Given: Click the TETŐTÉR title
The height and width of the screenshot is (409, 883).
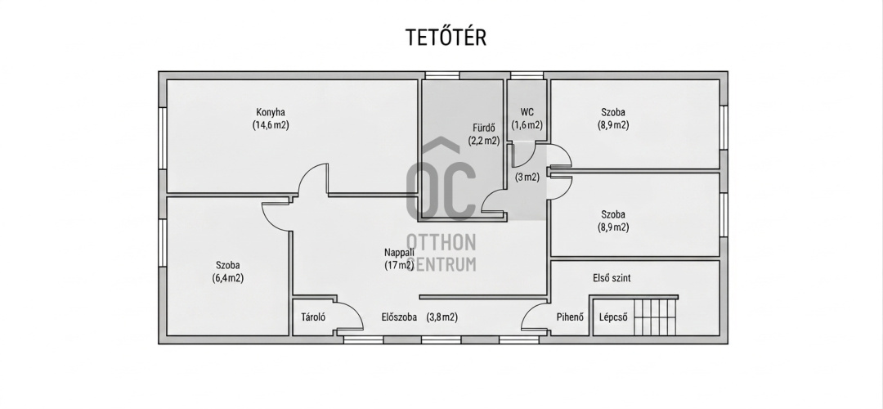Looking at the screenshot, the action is point(446,37).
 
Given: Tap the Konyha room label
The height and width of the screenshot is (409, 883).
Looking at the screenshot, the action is point(271,112).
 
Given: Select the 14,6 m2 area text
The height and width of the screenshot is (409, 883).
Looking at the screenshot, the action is point(271,125).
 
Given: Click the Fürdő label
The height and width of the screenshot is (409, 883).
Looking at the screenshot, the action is point(484,128).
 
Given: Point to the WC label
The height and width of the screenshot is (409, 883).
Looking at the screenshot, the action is point(527,112).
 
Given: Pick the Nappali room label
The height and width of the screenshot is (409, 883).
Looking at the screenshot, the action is point(399,253).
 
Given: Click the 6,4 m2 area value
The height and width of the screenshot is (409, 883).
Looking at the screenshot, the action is point(228,278).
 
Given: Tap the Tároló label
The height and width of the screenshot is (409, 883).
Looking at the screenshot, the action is point(313,317).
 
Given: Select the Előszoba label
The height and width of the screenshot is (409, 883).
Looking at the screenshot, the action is point(399,317).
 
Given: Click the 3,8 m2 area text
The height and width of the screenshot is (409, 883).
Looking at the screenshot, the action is point(442,317).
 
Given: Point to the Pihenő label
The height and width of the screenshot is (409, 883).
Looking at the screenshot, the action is point(570,317).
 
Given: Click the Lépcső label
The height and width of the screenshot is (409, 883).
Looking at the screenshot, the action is point(613,317).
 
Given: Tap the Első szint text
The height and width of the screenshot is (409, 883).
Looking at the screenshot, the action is point(612,278).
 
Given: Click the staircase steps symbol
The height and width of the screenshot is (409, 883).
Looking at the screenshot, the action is point(655,317).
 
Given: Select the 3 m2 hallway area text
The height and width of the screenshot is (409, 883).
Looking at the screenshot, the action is point(527,177).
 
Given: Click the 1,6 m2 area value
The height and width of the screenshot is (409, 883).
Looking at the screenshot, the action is point(527,125).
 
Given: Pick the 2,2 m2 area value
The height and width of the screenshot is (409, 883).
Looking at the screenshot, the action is point(484,141).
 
